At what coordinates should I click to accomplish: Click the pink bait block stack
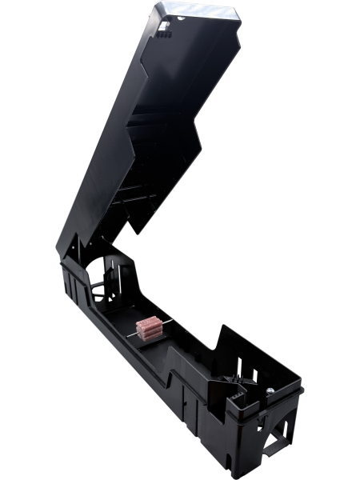(150, 328)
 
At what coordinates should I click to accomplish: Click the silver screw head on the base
(270, 390)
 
